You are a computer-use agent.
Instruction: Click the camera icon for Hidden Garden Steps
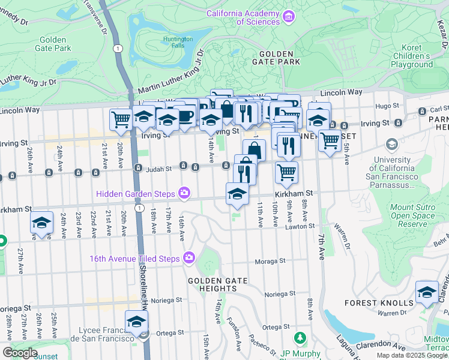tap(184, 193)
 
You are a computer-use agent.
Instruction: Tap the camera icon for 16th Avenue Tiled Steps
tap(189, 257)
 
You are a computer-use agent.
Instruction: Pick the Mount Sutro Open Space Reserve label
tap(412, 215)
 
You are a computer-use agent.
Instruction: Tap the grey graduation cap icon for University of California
tap(392, 144)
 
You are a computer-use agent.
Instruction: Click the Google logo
tap(19, 353)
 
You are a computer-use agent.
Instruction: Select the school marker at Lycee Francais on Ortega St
tap(137, 322)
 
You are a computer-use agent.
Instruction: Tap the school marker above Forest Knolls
tap(427, 293)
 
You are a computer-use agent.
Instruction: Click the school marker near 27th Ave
tap(42, 223)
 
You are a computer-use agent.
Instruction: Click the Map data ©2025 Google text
tap(411, 355)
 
